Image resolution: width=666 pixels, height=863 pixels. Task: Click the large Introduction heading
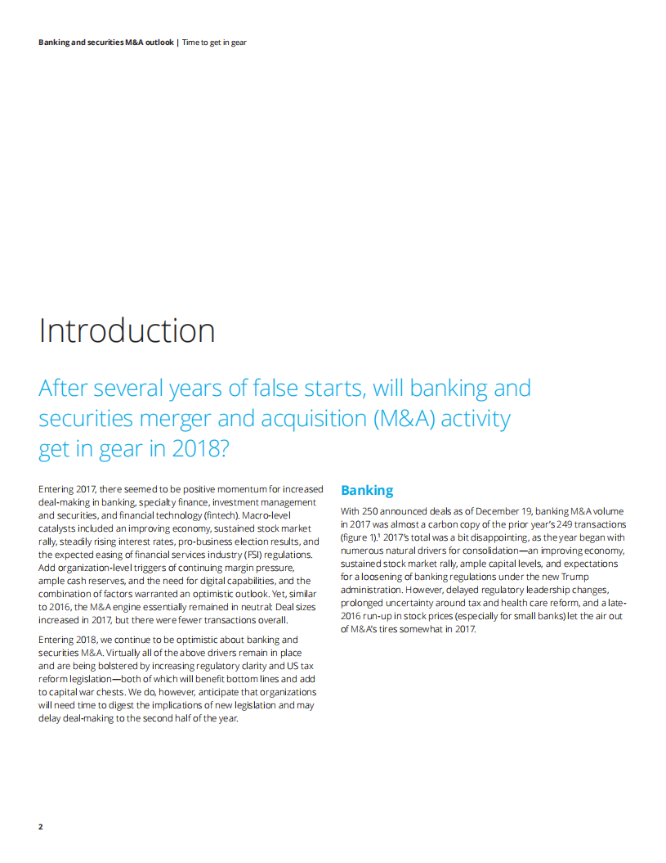[x=127, y=330]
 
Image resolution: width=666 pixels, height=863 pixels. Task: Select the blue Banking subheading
[x=367, y=490]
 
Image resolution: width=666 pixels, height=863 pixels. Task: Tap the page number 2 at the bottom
[x=41, y=826]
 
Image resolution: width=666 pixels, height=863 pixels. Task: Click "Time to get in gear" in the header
[x=214, y=42]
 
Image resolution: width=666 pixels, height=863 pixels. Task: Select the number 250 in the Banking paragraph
[x=375, y=511]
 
